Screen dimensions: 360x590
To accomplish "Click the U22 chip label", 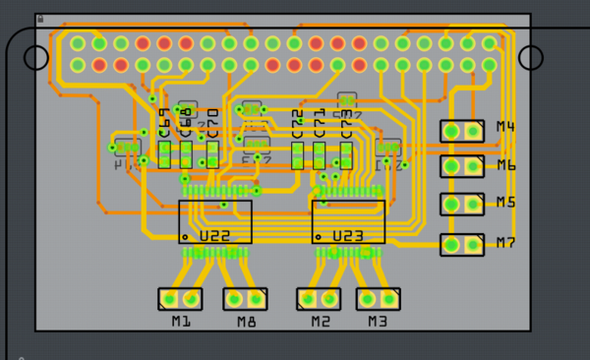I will click(x=215, y=237).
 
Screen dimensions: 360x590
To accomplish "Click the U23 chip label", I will click(x=348, y=237).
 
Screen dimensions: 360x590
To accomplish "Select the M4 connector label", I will click(x=506, y=127).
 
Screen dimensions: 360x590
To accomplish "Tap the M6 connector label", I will click(x=506, y=165).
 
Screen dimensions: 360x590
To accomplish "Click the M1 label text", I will click(x=181, y=322).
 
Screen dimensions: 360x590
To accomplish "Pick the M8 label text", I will click(x=246, y=322).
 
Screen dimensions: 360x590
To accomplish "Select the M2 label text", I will click(x=321, y=322).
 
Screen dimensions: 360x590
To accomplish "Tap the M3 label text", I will click(x=378, y=322).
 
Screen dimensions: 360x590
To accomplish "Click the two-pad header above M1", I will click(x=181, y=298).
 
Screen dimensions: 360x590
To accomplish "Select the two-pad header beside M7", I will click(x=461, y=244).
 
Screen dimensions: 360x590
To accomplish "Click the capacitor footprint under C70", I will click(x=212, y=154).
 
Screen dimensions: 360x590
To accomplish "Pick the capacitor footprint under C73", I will click(x=346, y=154).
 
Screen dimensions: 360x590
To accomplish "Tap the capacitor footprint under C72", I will click(x=298, y=154).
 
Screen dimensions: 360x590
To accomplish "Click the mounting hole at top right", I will click(x=531, y=57).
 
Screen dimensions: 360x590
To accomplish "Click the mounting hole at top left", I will click(x=34, y=57).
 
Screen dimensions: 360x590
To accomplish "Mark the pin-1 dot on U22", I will click(x=185, y=237).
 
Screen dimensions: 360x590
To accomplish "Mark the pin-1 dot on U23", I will click(x=319, y=237).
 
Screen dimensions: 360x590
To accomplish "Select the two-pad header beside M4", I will click(x=461, y=131).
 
